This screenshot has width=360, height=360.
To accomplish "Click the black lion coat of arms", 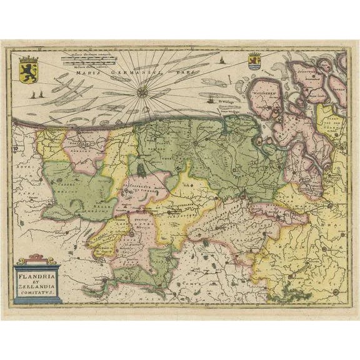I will pyautogui.click(x=29, y=66).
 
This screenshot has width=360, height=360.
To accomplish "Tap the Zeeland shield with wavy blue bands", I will pyautogui.click(x=254, y=62).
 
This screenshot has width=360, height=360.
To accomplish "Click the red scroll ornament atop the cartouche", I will pyautogui.click(x=37, y=259).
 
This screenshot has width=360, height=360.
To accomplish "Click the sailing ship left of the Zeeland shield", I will pyautogui.click(x=222, y=61).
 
